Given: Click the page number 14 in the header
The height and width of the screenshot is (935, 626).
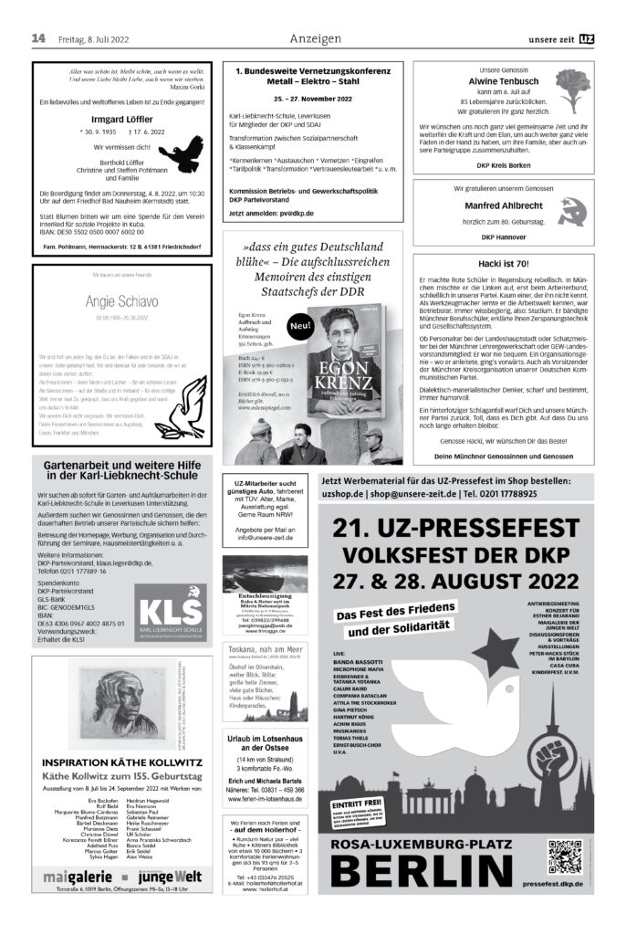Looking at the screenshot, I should tap(38, 38).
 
